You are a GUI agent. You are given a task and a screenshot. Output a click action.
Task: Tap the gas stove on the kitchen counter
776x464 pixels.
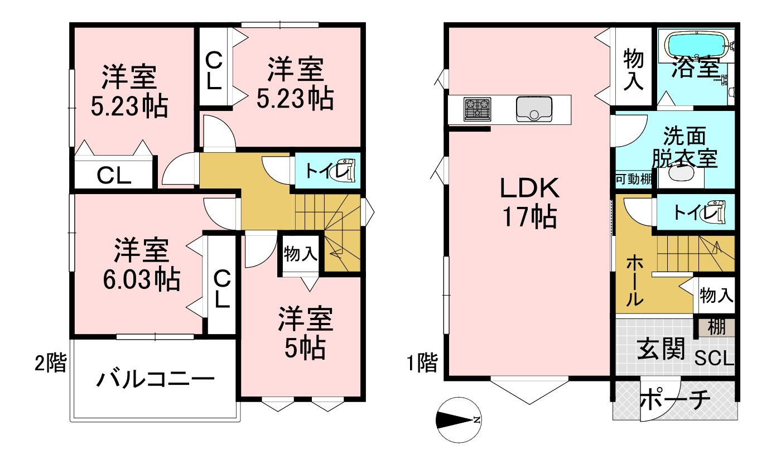(478, 109)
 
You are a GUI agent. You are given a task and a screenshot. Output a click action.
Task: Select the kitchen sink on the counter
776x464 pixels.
(534, 109)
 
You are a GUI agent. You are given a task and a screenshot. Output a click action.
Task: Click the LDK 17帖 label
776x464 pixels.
(529, 202)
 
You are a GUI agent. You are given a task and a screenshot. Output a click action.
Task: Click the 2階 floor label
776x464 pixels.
(51, 362)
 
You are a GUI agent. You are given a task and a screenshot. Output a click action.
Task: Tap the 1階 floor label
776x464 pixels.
(422, 362)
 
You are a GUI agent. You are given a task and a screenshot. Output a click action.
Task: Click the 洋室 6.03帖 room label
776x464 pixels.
(142, 264)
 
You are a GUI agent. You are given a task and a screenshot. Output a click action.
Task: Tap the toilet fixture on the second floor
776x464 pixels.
(344, 170)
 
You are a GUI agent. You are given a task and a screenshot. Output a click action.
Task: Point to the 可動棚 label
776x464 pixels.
(633, 179)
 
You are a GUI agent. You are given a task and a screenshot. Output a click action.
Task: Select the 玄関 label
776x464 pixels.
(661, 349)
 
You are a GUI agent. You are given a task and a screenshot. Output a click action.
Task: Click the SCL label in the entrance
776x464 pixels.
(714, 359)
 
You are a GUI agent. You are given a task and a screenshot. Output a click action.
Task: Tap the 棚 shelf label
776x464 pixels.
(716, 327)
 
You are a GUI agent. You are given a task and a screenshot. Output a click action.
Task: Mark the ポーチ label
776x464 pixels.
(675, 400)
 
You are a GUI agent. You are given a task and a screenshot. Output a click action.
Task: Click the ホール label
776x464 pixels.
(635, 281)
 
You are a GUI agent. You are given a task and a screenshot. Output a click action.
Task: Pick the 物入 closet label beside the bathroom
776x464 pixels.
(633, 70)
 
